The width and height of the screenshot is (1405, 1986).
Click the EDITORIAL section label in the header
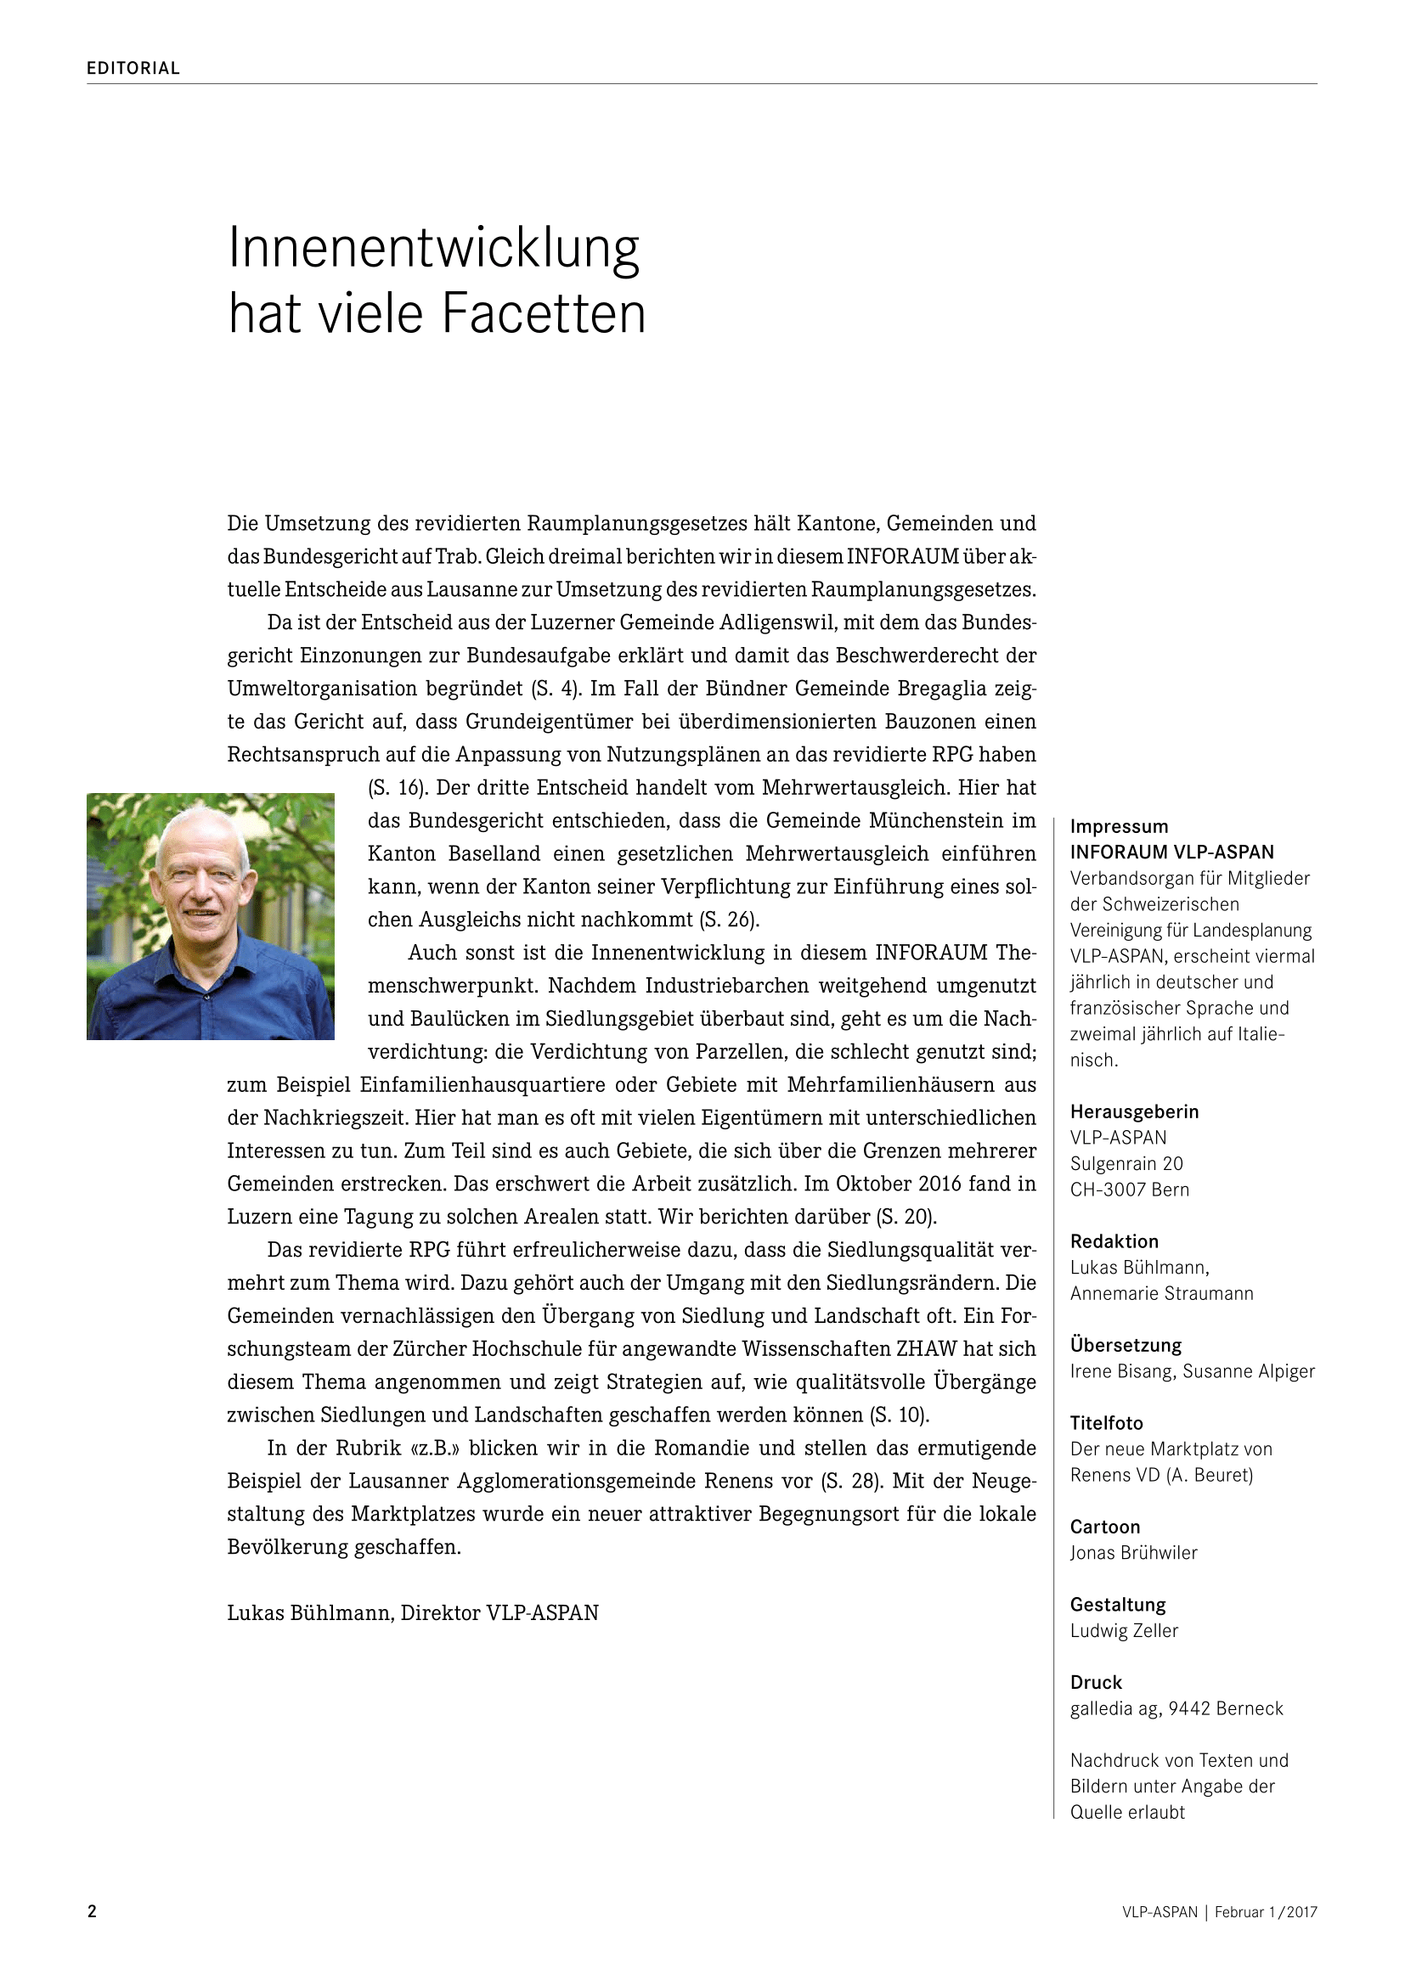133,68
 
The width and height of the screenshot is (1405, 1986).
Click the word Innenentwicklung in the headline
433,248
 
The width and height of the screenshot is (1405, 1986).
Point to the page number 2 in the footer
92,1911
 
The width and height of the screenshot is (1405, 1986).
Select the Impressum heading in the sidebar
1119,827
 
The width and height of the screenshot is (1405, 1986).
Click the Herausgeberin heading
1134,1112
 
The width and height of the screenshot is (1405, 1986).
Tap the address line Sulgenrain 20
1126,1164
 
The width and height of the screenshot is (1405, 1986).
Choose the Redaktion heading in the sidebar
1114,1242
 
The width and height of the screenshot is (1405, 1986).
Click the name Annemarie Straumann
1161,1294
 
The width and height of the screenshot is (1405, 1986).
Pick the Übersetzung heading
1126,1346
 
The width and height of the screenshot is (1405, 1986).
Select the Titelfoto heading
1107,1424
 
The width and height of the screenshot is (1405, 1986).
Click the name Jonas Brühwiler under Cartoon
1133,1554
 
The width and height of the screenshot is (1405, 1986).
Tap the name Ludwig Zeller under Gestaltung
1124,1631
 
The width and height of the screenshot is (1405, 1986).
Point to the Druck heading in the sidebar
1096,1683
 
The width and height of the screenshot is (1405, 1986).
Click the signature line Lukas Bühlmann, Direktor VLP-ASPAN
413,1613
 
